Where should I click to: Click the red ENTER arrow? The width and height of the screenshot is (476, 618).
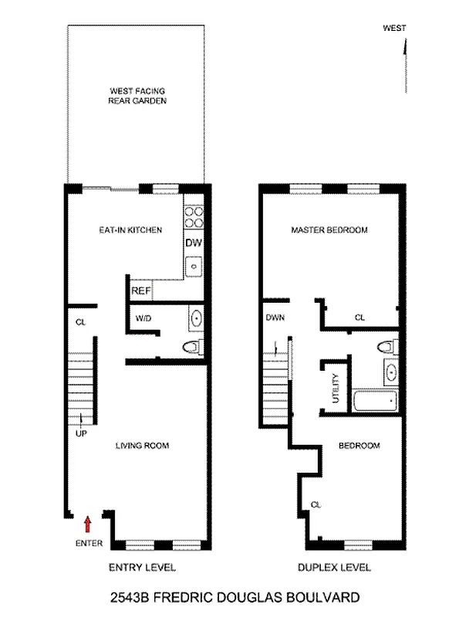[88, 525]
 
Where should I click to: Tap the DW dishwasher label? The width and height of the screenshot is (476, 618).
[194, 243]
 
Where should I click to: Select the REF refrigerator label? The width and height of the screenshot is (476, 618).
[140, 291]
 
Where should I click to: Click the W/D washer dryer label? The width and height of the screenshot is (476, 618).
[143, 318]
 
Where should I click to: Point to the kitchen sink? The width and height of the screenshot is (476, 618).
[194, 267]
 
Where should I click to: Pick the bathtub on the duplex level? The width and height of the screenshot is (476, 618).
[375, 400]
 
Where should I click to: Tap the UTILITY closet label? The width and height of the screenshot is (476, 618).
[336, 389]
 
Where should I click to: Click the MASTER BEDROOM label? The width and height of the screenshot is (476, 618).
[329, 229]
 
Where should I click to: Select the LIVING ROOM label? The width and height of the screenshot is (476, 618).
[142, 446]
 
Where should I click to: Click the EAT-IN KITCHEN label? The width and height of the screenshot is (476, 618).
[130, 229]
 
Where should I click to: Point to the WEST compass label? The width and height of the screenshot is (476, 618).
[394, 28]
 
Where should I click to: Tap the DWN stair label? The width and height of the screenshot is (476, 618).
[275, 317]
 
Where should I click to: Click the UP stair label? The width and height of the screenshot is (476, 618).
[81, 433]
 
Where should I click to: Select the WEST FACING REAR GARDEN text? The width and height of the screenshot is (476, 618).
[137, 96]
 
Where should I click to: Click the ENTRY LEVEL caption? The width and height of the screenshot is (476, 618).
[142, 567]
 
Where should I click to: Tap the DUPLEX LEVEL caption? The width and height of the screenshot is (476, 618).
[334, 567]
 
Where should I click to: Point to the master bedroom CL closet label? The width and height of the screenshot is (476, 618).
[360, 317]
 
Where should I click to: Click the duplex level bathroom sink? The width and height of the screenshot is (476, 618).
[390, 372]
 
